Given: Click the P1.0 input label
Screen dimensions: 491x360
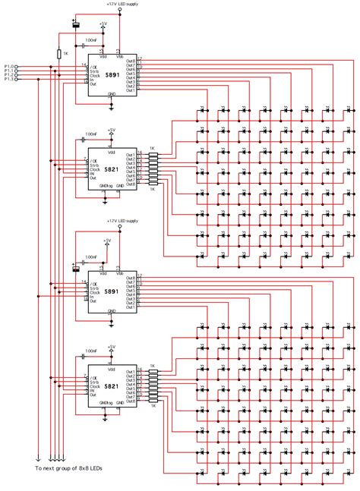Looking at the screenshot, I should pos(9,66).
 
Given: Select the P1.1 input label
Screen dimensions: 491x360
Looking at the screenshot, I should pos(9,71).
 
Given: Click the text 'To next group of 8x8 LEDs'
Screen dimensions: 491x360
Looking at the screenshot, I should pos(68,470).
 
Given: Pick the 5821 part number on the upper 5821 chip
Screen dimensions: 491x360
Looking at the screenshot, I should pos(112,170).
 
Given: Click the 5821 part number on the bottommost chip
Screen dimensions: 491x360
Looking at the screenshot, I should pos(112,387).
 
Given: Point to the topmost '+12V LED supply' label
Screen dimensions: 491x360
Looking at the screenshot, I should pos(122,4).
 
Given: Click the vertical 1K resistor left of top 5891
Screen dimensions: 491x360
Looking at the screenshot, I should pos(59,54).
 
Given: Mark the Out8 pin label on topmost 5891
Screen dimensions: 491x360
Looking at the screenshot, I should pos(130,61).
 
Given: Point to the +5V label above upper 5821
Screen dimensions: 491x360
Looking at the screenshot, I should pos(111,128).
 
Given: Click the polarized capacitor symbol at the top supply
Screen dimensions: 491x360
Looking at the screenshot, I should pos(75,25).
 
